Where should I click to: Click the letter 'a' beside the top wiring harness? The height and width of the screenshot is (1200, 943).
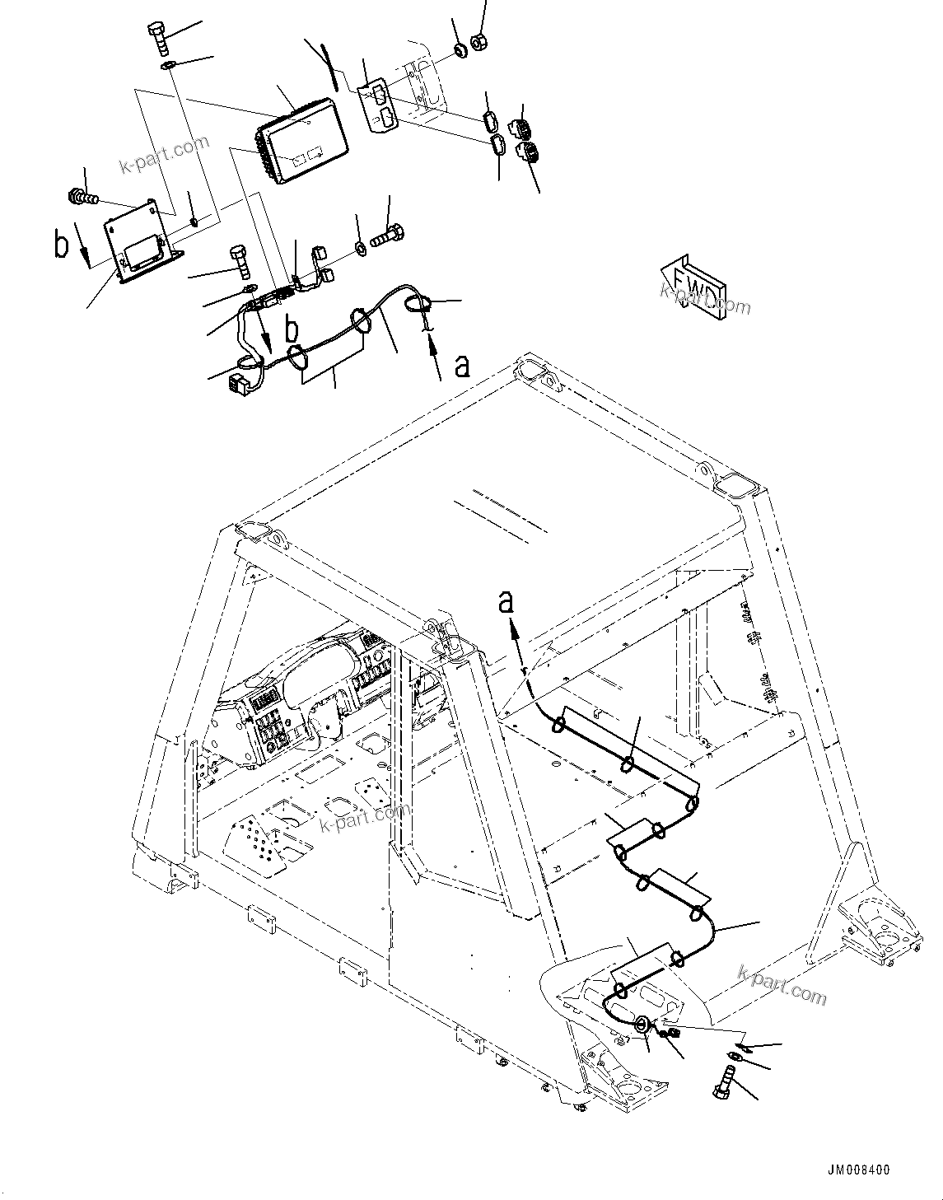click(463, 365)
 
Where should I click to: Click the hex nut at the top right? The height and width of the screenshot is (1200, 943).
click(477, 40)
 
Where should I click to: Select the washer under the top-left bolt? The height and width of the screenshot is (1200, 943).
click(167, 65)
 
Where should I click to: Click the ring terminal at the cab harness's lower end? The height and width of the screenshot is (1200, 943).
click(642, 1025)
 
